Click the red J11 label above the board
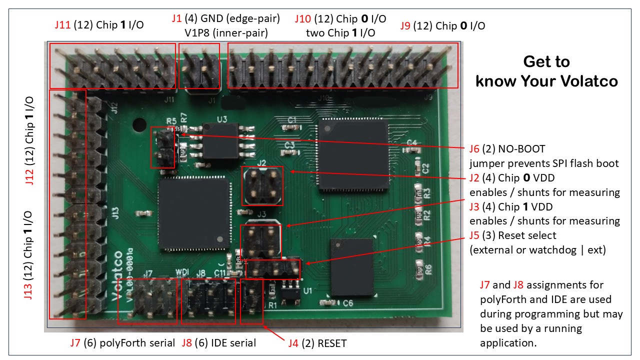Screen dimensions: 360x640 pyautogui.click(x=63, y=25)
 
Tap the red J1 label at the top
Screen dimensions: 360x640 pyautogui.click(x=176, y=19)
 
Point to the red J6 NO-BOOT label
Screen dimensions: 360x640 pyautogui.click(x=474, y=149)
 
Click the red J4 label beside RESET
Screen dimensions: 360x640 pyautogui.click(x=293, y=343)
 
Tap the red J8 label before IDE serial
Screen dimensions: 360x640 pyautogui.click(x=186, y=343)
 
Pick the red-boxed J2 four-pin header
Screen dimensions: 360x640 pyautogui.click(x=262, y=186)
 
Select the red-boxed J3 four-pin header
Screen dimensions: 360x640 pyautogui.click(x=260, y=241)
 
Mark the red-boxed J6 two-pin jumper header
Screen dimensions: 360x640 pyautogui.click(x=162, y=147)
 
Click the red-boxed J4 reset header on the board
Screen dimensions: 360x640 pyautogui.click(x=251, y=301)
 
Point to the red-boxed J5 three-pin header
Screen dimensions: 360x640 pyautogui.click(x=273, y=269)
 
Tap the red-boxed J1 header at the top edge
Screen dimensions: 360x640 pyautogui.click(x=199, y=66)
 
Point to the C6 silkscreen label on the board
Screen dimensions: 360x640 pyautogui.click(x=348, y=303)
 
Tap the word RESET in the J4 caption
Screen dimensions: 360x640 pyautogui.click(x=332, y=343)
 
